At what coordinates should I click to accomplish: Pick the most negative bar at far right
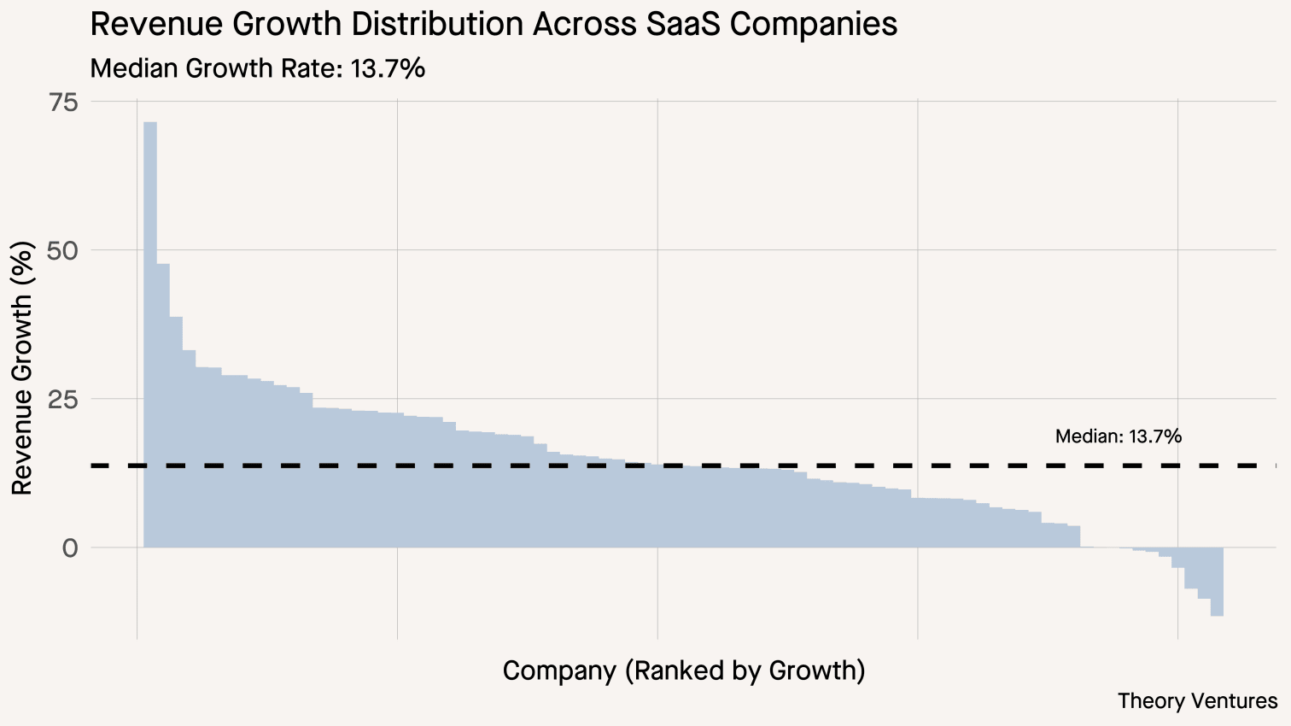pos(1217,582)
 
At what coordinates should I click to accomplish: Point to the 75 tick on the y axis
pos(64,102)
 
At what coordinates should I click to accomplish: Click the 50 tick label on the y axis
pos(64,251)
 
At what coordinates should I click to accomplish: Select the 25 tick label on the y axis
pos(64,400)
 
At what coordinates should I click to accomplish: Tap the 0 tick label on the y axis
pos(70,548)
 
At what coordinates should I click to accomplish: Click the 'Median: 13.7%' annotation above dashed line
pos(1118,436)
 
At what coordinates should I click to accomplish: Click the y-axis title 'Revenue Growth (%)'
pos(22,368)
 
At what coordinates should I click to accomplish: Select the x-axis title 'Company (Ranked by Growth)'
pos(684,670)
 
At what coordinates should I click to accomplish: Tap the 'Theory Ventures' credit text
pos(1197,701)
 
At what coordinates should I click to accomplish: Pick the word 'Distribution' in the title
pos(439,24)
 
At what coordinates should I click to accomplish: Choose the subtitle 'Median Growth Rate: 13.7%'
pos(257,68)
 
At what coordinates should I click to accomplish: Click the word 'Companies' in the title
pos(814,24)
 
